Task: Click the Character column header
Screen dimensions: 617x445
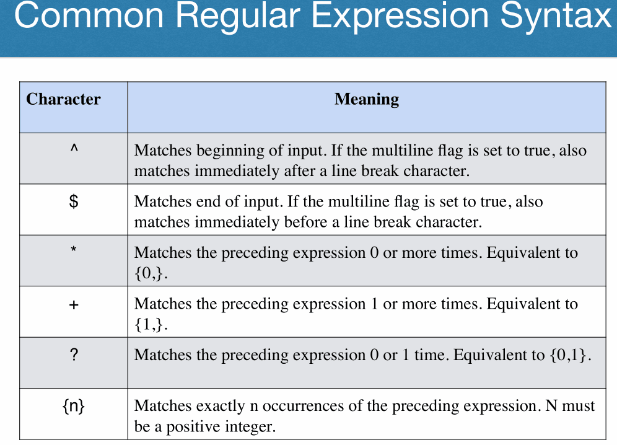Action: click(63, 99)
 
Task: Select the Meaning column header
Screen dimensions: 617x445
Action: click(367, 100)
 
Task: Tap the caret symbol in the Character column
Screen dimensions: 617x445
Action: click(74, 149)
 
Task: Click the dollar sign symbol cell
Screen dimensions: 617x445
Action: click(74, 201)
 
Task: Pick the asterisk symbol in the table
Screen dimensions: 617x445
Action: click(74, 249)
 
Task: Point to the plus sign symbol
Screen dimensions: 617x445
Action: click(74, 305)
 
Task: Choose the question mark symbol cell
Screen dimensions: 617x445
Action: click(74, 355)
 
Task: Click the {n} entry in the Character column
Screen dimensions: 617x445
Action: click(74, 406)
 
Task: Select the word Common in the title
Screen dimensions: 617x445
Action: click(89, 15)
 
